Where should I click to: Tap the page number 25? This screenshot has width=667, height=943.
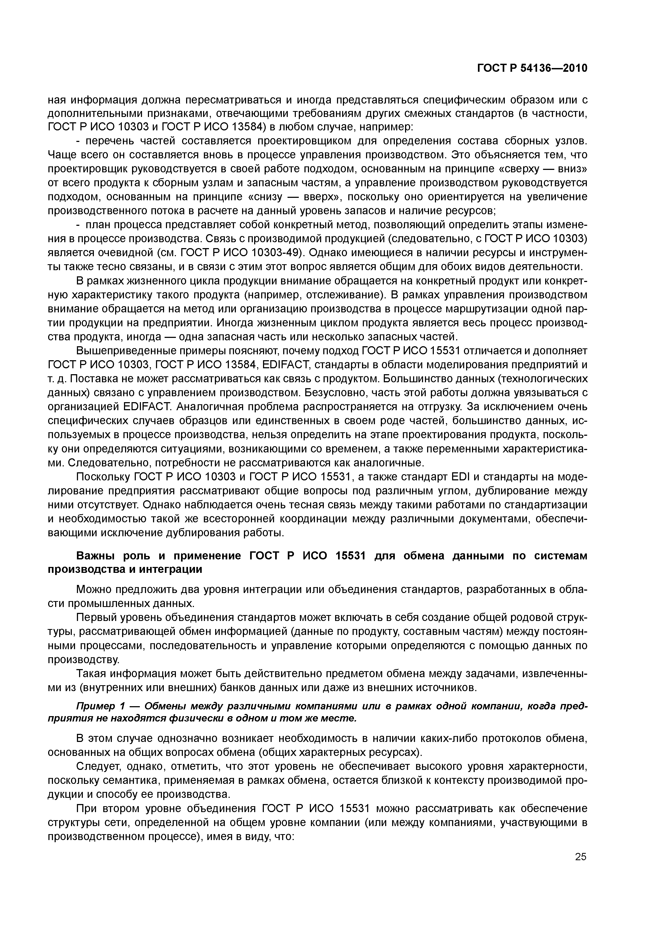coord(581,856)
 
